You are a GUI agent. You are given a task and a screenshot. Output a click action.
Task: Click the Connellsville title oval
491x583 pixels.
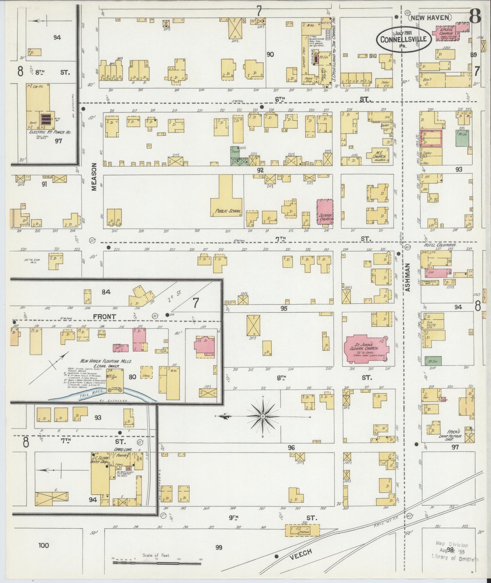point(403,38)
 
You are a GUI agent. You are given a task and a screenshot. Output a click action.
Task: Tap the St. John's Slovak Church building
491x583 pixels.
point(365,349)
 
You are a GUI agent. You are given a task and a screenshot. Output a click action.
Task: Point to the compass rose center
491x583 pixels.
point(262,416)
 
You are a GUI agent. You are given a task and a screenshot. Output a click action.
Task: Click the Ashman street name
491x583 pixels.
point(408,278)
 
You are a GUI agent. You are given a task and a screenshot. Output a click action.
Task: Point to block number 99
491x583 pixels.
point(218,547)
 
